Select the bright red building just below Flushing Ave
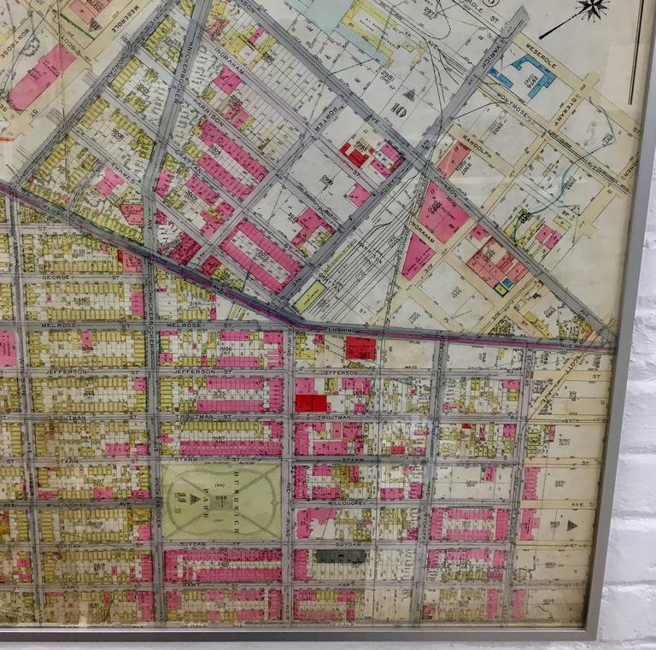pyautogui.click(x=360, y=348)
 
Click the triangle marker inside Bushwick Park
pyautogui.click(x=195, y=498)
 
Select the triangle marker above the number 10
pyautogui.click(x=408, y=95)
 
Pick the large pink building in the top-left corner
pyautogui.click(x=40, y=77)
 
